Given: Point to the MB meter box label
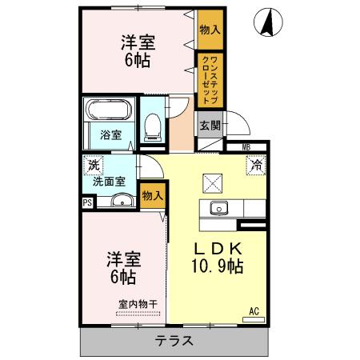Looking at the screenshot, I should click(246, 147).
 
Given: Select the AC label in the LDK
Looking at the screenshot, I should click(254, 311).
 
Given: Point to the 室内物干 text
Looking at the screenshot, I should click(138, 303).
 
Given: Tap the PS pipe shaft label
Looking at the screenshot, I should click(86, 202).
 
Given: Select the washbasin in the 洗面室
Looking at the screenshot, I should click(120, 201).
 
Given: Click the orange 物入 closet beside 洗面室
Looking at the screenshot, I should click(153, 195).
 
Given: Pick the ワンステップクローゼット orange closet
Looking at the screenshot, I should click(207, 80).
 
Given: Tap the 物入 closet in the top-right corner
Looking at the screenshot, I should click(210, 30).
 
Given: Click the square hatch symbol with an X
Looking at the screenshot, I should click(212, 183).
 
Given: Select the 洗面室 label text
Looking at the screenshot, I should click(109, 182).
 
